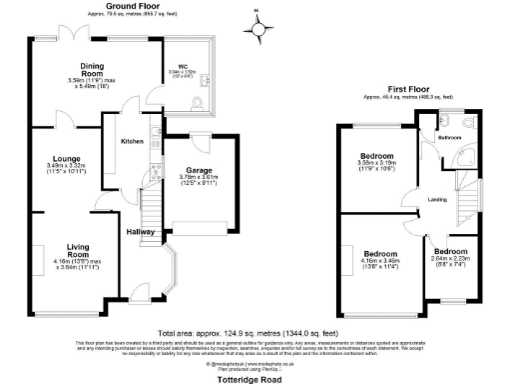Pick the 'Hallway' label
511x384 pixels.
[x=140, y=232]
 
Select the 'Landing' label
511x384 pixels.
[x=435, y=200]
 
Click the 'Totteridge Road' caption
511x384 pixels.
[x=255, y=377]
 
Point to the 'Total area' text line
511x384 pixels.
[x=255, y=330]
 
